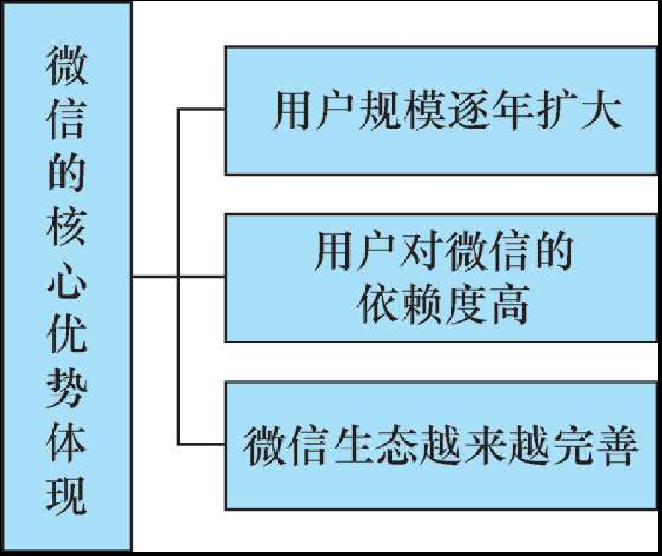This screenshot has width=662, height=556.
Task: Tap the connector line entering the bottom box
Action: (201, 444)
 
